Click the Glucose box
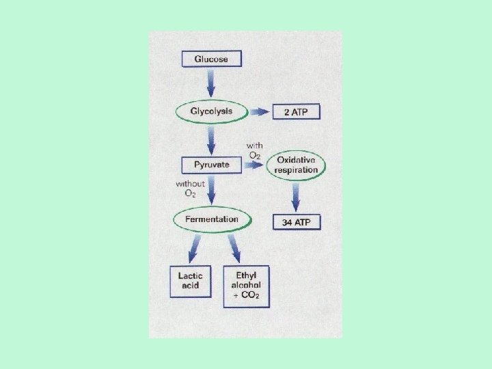pyautogui.click(x=211, y=59)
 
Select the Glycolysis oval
pyautogui.click(x=211, y=111)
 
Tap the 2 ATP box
pyautogui.click(x=296, y=112)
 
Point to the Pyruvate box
pyautogui.click(x=211, y=165)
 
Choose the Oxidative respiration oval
pyautogui.click(x=297, y=165)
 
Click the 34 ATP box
pyautogui.click(x=297, y=222)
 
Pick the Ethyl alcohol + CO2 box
pyautogui.click(x=246, y=286)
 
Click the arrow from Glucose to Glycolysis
pyautogui.click(x=211, y=84)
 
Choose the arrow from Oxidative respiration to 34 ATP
pyautogui.click(x=297, y=197)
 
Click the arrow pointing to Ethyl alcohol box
pyautogui.click(x=234, y=247)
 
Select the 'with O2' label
pyautogui.click(x=254, y=150)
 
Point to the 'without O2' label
pyautogui.click(x=190, y=189)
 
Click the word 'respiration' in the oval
pyautogui.click(x=297, y=169)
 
